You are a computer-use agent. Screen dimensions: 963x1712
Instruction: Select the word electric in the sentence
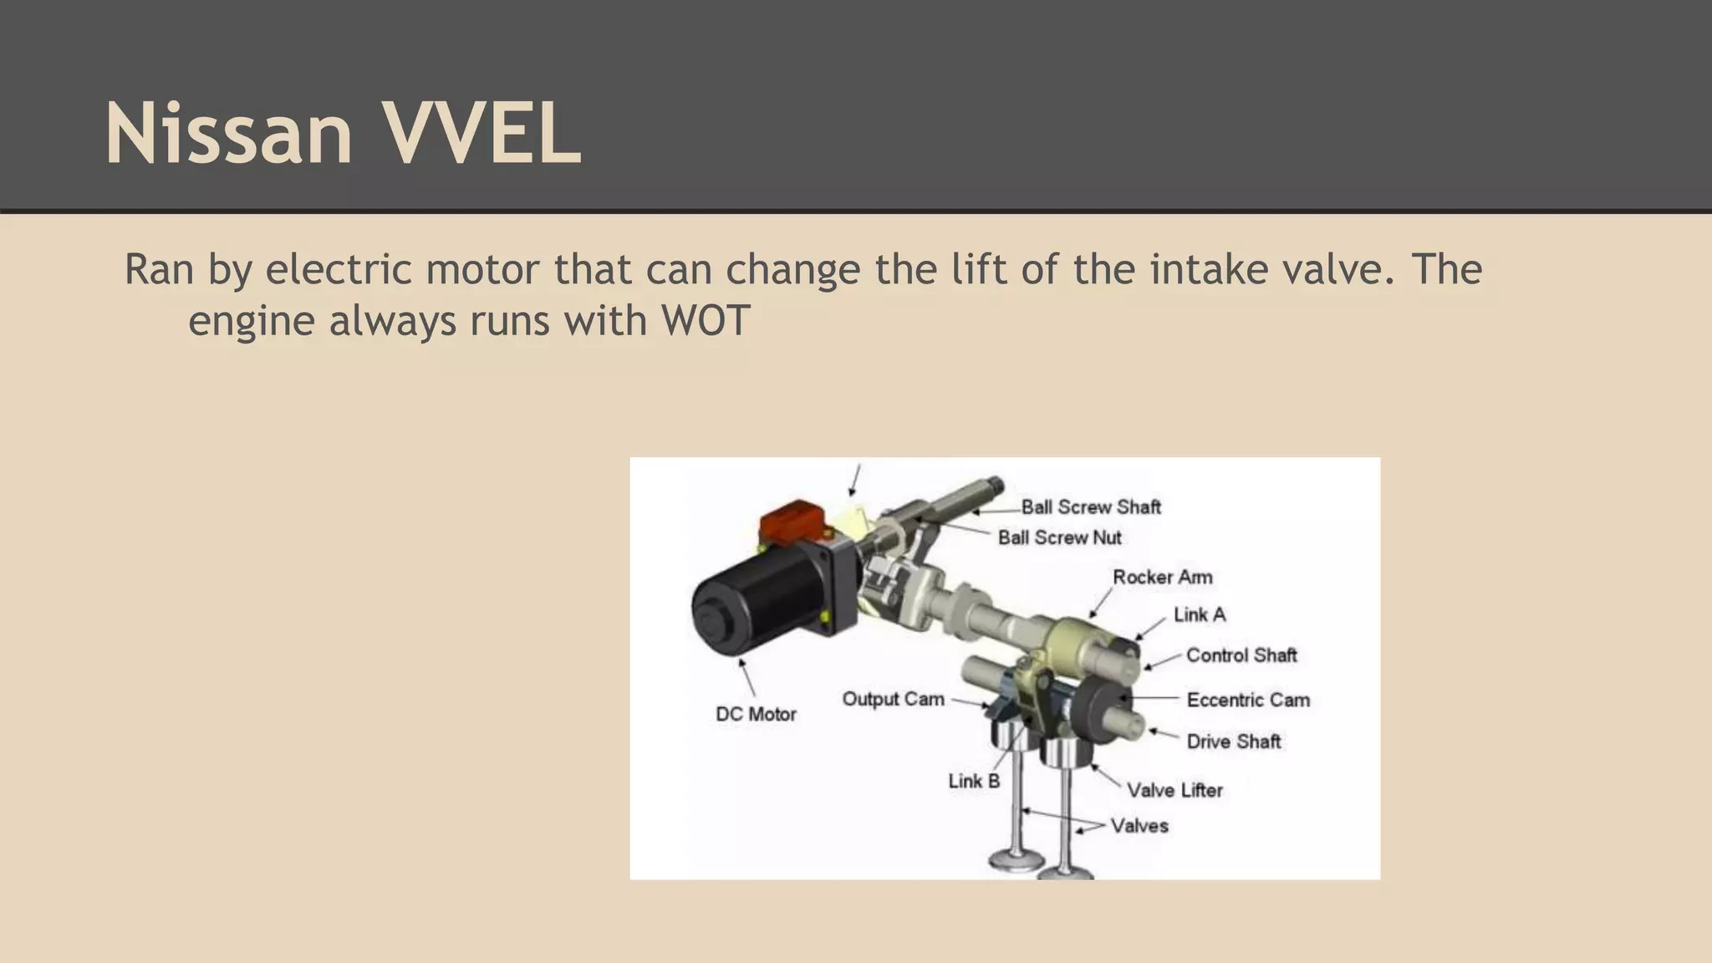coord(339,270)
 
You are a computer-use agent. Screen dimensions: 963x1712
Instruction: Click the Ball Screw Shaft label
coord(1090,507)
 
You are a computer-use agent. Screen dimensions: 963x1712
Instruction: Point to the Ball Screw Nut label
coord(1059,538)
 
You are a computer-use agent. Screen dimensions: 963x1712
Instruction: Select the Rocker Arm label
coord(1162,577)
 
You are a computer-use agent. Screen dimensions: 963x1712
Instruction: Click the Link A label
coord(1199,614)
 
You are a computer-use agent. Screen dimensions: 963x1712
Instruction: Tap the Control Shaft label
coord(1241,655)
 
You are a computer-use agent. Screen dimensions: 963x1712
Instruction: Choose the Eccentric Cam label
coord(1247,700)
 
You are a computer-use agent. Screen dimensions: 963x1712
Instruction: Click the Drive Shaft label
coord(1233,741)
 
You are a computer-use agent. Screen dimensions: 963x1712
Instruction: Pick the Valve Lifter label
coord(1174,790)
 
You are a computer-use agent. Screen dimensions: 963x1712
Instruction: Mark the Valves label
coord(1139,826)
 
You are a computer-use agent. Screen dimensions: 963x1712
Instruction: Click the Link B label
coord(973,781)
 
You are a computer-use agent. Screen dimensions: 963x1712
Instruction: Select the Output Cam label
coord(892,699)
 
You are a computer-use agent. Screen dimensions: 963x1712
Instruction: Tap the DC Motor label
coord(756,714)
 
